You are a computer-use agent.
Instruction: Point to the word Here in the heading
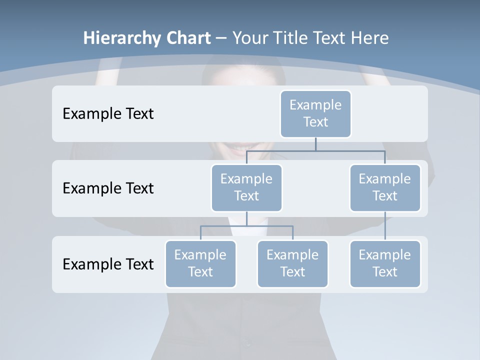(x=370, y=38)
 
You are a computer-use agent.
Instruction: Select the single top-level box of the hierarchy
(x=315, y=113)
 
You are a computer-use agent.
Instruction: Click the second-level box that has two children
(x=246, y=187)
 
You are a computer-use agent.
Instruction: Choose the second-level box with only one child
(x=385, y=187)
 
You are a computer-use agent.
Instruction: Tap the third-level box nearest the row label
(x=200, y=263)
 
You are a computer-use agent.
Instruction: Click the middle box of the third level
(x=292, y=263)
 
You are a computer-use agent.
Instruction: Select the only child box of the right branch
(x=385, y=263)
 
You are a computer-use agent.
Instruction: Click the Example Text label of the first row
(x=108, y=113)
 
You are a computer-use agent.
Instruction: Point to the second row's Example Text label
(x=108, y=188)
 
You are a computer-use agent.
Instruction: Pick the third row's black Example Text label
(x=108, y=264)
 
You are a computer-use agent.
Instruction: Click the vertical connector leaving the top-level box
(x=315, y=144)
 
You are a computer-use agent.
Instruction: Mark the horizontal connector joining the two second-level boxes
(x=315, y=150)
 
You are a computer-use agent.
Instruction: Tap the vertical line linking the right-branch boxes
(x=385, y=226)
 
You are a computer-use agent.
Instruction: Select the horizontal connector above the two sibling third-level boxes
(x=246, y=226)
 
